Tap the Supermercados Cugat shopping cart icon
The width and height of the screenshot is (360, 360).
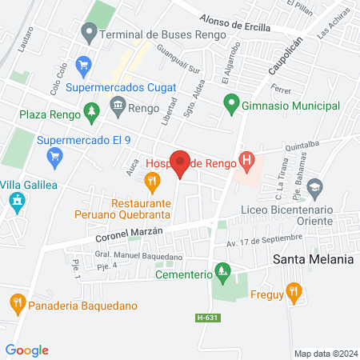pyautogui.click(x=82, y=63)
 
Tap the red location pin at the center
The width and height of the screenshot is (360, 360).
pyautogui.click(x=180, y=163)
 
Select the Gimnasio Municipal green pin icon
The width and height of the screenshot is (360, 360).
pyautogui.click(x=231, y=102)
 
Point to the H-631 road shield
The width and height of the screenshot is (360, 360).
pyautogui.click(x=206, y=318)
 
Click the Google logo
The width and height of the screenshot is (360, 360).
pyautogui.click(x=27, y=350)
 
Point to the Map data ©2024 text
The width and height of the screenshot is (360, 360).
pyautogui.click(x=324, y=354)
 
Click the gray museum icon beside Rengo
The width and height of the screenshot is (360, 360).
pyautogui.click(x=118, y=105)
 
